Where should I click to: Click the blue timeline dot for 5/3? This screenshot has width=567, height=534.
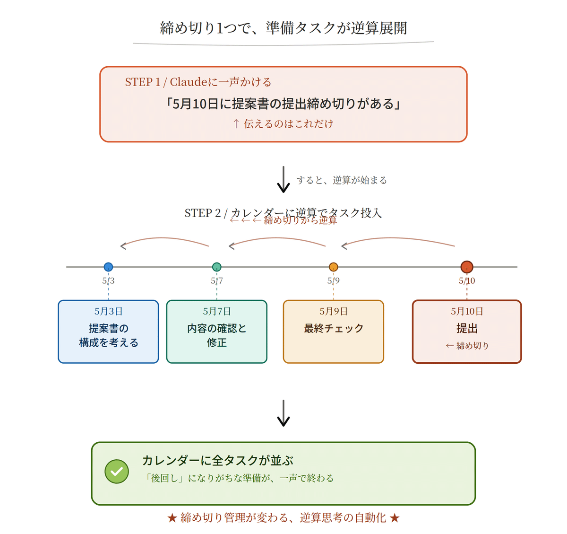[x=108, y=267]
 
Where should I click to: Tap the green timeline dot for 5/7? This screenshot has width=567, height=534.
[x=217, y=267]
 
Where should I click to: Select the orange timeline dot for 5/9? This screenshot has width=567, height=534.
[x=334, y=267]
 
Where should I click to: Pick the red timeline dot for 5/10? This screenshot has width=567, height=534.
[x=467, y=267]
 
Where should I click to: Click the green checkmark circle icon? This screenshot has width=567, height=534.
[x=117, y=472]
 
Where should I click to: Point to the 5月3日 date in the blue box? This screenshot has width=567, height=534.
[x=108, y=311]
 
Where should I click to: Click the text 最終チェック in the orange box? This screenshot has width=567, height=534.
[x=334, y=328]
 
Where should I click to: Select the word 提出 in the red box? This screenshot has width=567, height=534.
[x=467, y=328]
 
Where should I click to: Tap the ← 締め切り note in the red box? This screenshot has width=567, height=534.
[x=467, y=346]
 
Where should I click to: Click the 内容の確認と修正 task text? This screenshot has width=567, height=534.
[x=217, y=335]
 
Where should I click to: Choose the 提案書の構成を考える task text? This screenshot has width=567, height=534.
[x=108, y=335]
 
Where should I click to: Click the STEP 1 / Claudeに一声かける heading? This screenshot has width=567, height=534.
[x=198, y=82]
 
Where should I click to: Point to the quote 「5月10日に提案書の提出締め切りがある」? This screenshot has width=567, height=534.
[x=283, y=104]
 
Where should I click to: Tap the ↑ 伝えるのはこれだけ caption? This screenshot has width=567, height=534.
[x=283, y=124]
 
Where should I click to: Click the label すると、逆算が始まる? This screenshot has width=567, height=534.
[x=342, y=180]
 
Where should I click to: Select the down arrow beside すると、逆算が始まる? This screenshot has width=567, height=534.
[x=283, y=179]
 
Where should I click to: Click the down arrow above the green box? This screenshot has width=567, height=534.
[x=283, y=413]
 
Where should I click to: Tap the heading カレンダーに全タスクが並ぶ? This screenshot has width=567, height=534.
[x=218, y=460]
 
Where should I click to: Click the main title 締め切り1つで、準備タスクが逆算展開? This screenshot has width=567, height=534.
[x=283, y=28]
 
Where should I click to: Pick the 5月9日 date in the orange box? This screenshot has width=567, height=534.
[x=334, y=311]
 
